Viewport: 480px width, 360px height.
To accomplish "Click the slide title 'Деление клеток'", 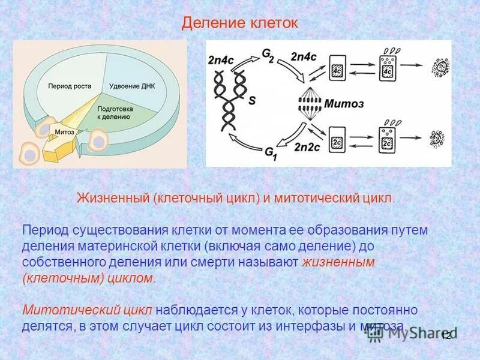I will pos(239,23).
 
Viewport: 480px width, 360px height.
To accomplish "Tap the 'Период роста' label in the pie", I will pos(70,86).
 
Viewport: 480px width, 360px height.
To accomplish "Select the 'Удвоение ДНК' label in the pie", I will pos(132,86).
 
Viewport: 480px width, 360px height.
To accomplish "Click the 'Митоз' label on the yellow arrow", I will pos(64,131).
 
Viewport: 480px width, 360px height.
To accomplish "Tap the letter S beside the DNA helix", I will pos(251,101).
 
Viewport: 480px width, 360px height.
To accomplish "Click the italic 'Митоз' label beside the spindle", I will pos(344,103).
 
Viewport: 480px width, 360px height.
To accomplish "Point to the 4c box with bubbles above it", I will pos(387,70).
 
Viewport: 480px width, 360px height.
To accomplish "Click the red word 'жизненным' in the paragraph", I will pos(339,262).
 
